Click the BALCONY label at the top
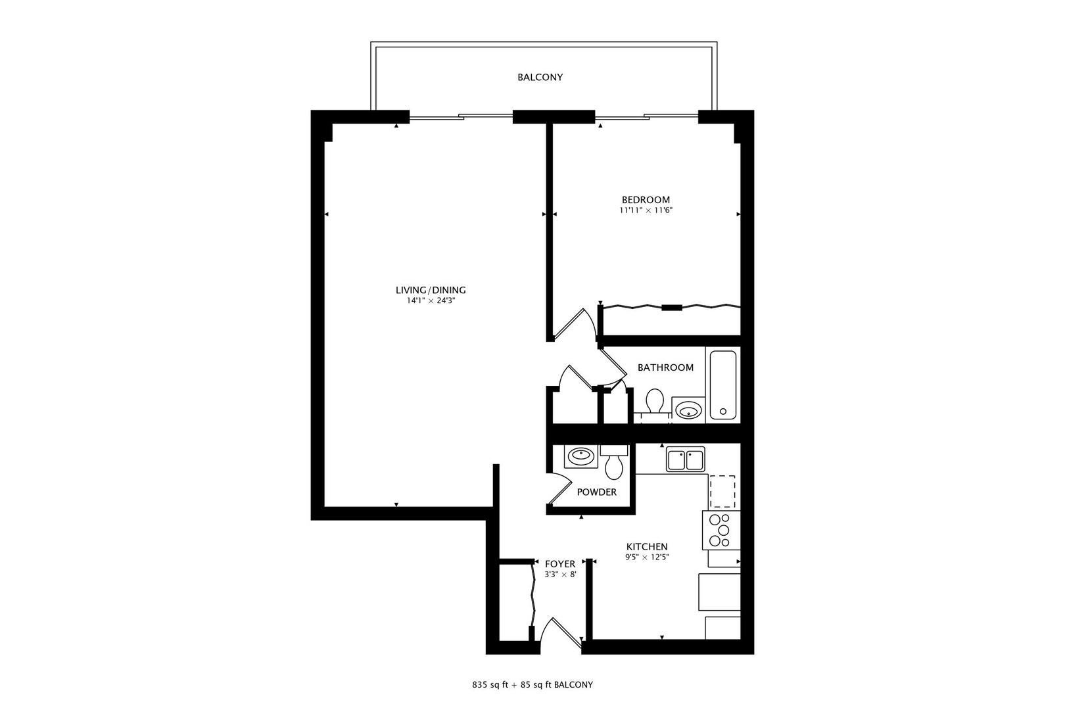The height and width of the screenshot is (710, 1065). pos(540,77)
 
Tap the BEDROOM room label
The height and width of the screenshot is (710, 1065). pos(646,200)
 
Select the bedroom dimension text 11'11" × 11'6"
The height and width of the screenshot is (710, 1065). pos(646,211)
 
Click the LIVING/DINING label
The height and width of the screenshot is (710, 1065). pos(431,290)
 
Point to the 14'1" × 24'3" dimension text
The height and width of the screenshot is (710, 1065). pos(431,301)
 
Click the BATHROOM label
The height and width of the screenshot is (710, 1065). pos(665,367)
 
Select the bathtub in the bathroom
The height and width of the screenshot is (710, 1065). pos(723,385)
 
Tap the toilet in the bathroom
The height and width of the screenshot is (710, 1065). pos(655,402)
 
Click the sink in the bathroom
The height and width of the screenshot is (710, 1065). pos(688,412)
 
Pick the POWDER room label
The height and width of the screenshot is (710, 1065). pos(596,492)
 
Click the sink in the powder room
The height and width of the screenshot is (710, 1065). pos(580,456)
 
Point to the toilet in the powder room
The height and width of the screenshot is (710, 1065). pos(614,463)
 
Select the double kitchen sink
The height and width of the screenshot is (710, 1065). pos(686,459)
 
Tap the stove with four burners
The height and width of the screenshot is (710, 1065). pos(721,530)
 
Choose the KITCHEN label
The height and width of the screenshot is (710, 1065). pos(647,547)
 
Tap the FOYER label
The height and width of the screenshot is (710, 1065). pos(560,564)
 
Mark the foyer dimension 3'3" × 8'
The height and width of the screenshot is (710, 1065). pos(560,575)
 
